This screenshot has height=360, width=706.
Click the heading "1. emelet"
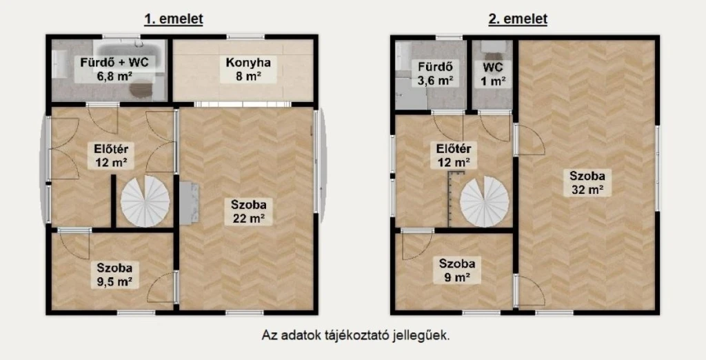click(173, 19)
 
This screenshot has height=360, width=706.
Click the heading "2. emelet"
click(518, 19)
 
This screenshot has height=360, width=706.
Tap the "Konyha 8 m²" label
click(248, 69)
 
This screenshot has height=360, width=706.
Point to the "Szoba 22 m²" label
click(248, 212)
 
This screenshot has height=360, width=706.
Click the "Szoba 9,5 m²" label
click(114, 275)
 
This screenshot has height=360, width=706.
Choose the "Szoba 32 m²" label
click(587, 183)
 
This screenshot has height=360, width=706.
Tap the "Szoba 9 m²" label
click(457, 270)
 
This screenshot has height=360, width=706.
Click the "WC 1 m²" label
click(494, 74)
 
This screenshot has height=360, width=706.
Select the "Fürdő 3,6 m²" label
click(436, 73)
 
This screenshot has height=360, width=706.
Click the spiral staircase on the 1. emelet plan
click(145, 201)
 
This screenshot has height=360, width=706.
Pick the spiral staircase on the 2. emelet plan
click(485, 201)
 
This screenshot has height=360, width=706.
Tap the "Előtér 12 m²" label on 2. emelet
click(454, 155)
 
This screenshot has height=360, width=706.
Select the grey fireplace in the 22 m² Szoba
click(189, 203)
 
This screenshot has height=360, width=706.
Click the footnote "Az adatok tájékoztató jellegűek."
click(356, 335)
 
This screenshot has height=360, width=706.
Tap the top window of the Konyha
click(245, 37)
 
